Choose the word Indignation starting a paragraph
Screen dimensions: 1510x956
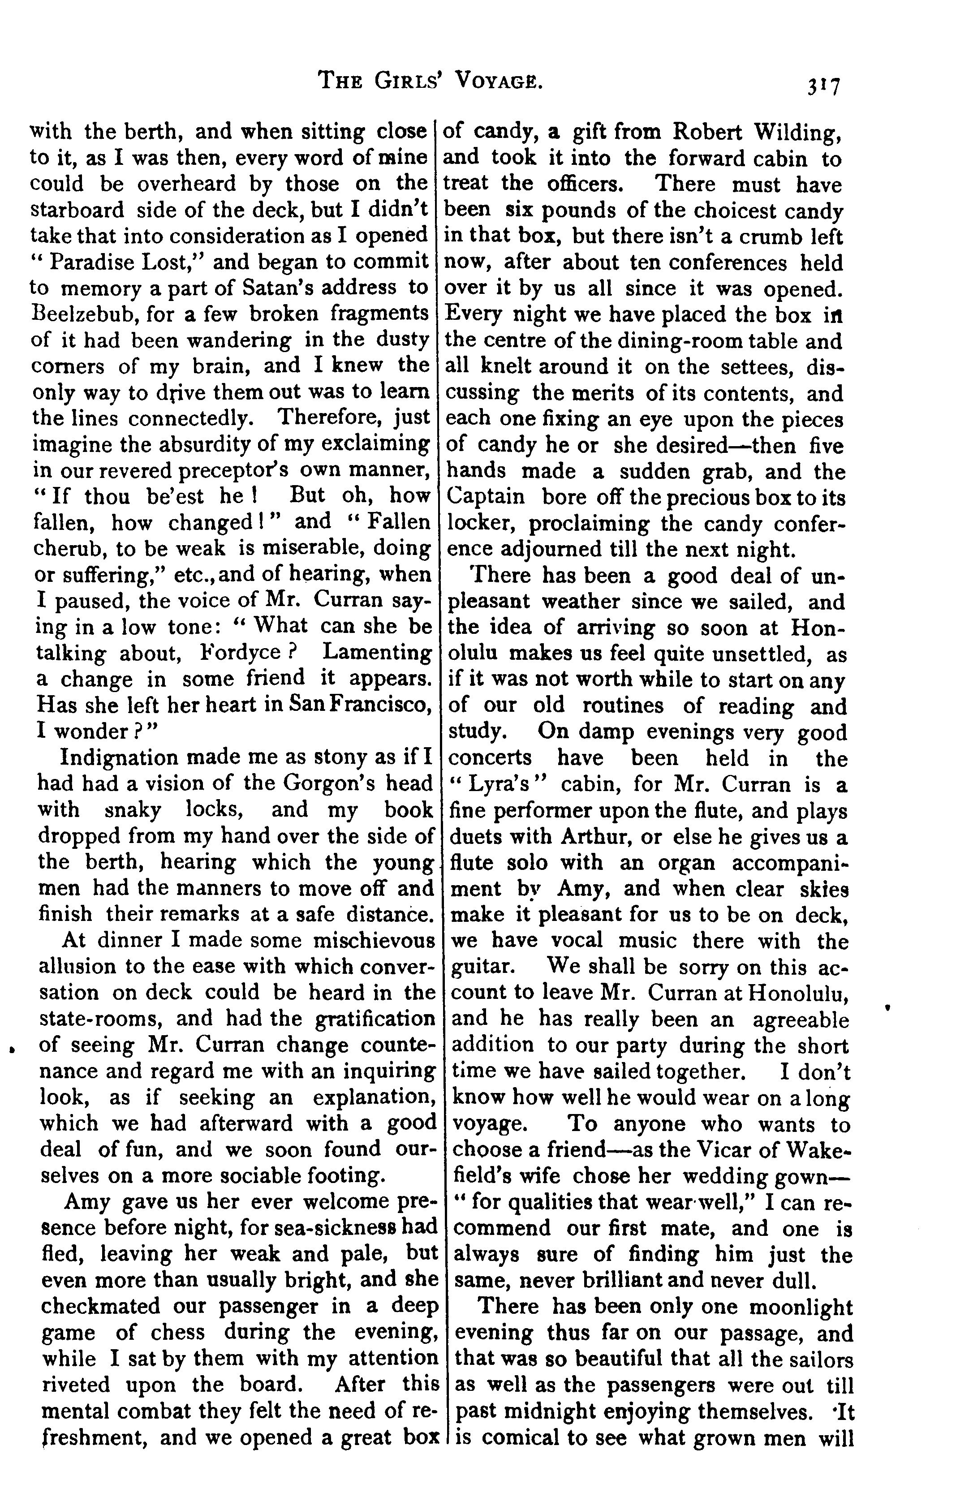[120, 757]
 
